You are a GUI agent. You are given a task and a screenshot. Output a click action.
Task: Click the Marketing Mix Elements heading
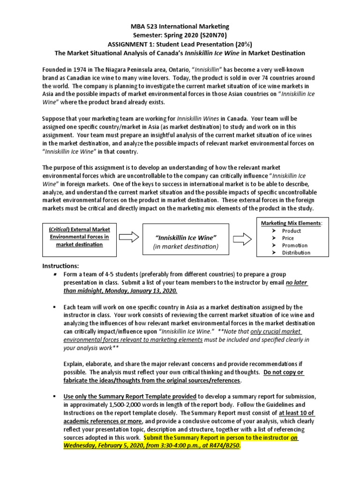291,223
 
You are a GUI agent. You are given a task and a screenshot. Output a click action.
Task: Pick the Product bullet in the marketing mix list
291,231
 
